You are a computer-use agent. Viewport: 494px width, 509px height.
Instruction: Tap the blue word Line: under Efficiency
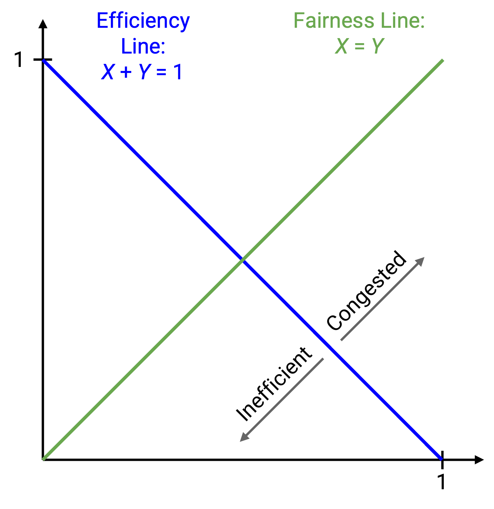coord(143,46)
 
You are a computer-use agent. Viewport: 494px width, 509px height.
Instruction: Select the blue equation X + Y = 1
coord(142,71)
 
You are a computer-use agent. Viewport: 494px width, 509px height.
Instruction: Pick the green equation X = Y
coord(359,46)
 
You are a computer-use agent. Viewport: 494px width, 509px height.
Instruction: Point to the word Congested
coord(366,290)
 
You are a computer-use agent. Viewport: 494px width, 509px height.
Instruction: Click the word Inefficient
coord(274,384)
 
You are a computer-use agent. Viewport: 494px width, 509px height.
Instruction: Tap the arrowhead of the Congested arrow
coord(420,261)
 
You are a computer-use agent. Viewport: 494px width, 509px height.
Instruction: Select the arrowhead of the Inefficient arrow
coord(244,437)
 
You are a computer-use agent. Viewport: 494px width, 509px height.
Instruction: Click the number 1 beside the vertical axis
coord(20,60)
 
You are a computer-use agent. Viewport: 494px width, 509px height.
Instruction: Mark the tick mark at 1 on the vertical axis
coord(43,60)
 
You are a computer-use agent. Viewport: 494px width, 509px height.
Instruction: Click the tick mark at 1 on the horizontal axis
coord(442,459)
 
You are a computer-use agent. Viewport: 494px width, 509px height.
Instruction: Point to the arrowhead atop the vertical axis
coord(43,23)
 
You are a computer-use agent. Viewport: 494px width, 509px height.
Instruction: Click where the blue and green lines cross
coord(243,260)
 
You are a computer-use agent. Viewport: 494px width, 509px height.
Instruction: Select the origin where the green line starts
coord(43,459)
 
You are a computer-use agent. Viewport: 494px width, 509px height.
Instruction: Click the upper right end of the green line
coord(443,60)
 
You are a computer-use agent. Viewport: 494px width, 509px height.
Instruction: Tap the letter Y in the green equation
coord(377,46)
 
